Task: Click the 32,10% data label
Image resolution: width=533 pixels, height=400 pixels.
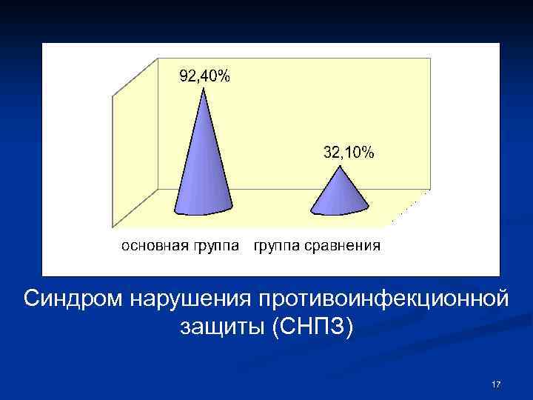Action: pos(349,153)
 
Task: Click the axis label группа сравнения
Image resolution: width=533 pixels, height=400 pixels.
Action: pos(317,246)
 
